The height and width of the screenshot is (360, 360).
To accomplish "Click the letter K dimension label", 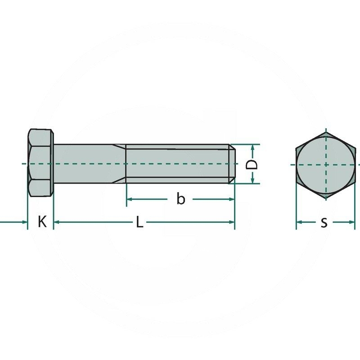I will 42,222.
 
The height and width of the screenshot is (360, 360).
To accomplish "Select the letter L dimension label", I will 139,222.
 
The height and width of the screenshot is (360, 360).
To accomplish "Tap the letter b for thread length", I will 180,199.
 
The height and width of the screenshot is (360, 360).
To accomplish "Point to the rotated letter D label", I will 253,164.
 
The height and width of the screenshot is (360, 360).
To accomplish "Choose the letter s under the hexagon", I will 324,222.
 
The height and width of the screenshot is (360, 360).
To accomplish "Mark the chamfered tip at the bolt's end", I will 232,164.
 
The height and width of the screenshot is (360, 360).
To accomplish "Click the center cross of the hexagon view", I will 325,164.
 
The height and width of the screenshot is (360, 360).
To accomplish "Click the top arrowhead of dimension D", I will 253,147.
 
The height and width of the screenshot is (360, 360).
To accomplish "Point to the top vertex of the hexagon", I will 325,130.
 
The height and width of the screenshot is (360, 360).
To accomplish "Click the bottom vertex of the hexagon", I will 325,198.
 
